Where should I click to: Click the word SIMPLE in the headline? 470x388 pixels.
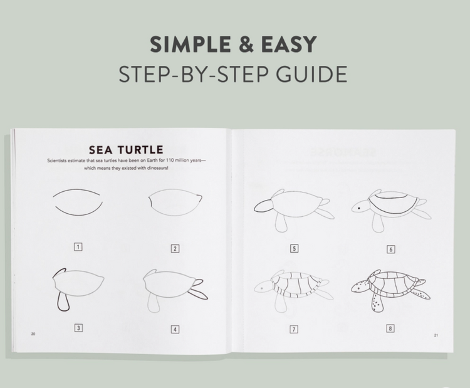click(191, 45)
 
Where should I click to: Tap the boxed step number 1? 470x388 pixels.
click(78, 247)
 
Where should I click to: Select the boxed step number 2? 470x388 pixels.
click(175, 249)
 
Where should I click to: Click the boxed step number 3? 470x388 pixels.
click(78, 328)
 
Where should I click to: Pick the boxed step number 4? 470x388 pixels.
click(175, 330)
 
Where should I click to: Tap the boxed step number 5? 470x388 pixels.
click(294, 248)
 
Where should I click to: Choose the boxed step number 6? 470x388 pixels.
click(390, 249)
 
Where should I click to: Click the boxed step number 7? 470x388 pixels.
click(294, 329)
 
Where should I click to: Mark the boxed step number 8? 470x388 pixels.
click(390, 328)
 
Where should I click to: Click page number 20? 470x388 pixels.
click(33, 334)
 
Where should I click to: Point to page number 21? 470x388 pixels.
click(436, 335)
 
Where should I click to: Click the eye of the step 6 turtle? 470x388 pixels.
click(359, 208)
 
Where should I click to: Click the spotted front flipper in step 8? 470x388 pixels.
click(377, 303)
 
